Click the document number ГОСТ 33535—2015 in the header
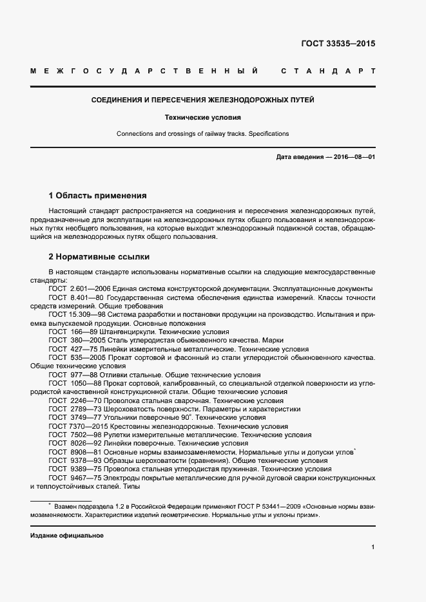coord(338,44)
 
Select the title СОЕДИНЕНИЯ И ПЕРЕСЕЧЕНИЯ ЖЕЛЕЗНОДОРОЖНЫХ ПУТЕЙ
coord(202,100)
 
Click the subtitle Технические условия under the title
coord(202,118)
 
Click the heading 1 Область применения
coord(98,195)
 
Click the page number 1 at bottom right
coord(373,547)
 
